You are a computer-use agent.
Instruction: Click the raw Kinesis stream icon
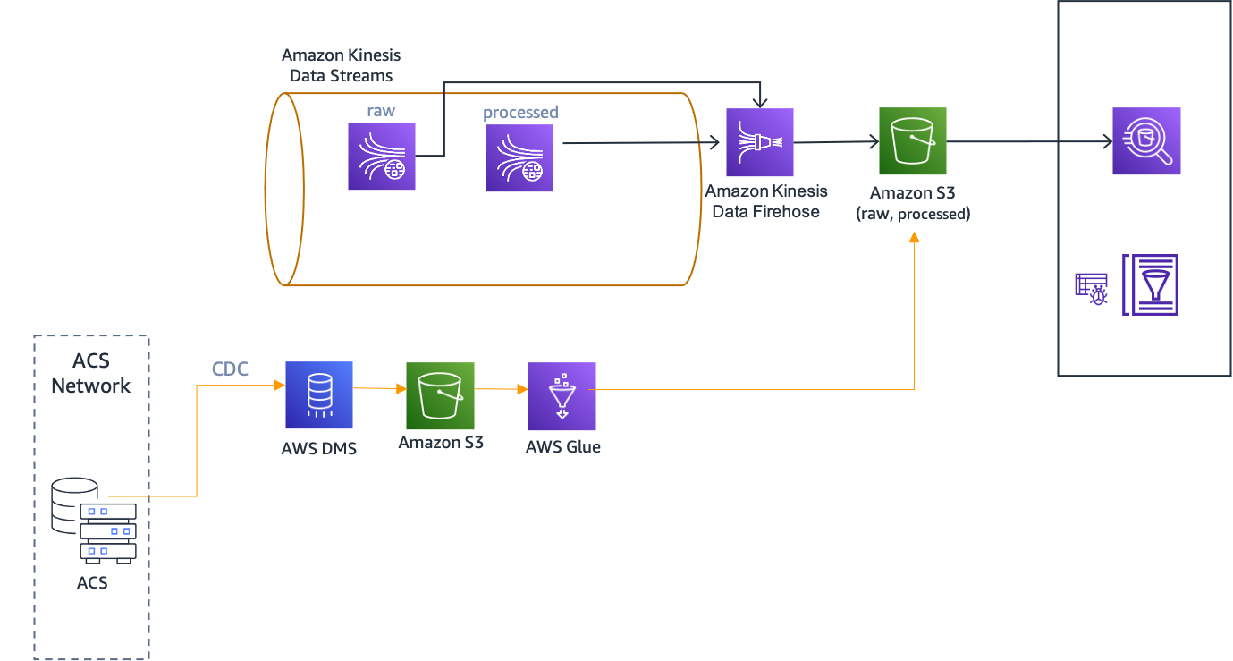click(x=382, y=157)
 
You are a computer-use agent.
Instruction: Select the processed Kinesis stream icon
click(x=519, y=158)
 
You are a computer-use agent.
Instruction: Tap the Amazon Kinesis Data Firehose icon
click(x=760, y=142)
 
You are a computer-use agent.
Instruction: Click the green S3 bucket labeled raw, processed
click(x=912, y=141)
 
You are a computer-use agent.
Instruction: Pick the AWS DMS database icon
click(x=319, y=395)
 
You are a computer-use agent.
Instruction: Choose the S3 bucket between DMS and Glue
click(x=440, y=396)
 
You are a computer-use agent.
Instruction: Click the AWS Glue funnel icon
click(x=562, y=396)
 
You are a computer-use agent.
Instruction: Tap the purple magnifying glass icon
click(x=1146, y=141)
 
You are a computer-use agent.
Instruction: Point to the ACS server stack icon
click(x=94, y=520)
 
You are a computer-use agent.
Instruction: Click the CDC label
click(x=230, y=369)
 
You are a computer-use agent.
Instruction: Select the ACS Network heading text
click(x=90, y=374)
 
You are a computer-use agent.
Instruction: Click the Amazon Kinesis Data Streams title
click(x=342, y=65)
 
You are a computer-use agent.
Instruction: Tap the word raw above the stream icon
click(x=381, y=111)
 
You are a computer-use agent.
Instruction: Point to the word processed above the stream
click(x=520, y=113)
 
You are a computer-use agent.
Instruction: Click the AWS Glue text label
click(x=563, y=446)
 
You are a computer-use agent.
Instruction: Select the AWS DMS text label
click(x=319, y=448)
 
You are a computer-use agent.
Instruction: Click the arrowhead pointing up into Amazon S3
click(x=914, y=238)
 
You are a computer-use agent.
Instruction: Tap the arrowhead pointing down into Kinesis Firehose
click(x=760, y=100)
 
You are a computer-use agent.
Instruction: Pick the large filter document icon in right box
click(x=1150, y=284)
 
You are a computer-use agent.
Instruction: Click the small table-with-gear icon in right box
click(x=1091, y=289)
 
